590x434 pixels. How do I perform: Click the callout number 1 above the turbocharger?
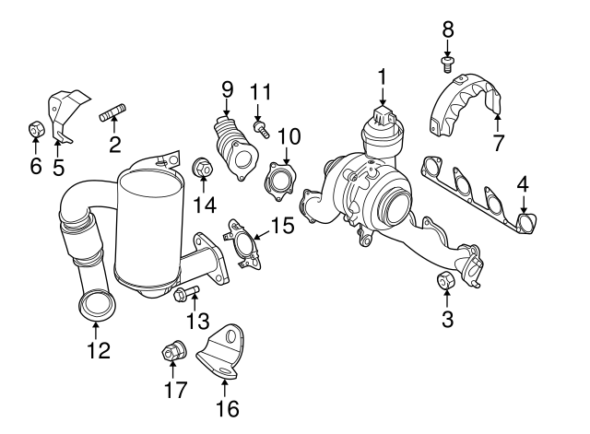[381, 77]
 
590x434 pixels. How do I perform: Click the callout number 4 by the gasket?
[523, 183]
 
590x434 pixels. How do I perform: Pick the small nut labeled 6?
[34, 127]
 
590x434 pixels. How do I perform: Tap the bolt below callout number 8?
[447, 64]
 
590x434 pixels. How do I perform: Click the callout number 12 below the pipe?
[98, 350]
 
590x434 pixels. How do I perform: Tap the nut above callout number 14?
[202, 170]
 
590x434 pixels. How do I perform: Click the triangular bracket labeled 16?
[222, 354]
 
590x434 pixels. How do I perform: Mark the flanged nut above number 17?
[171, 351]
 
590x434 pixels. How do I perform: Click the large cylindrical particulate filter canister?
[156, 227]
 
